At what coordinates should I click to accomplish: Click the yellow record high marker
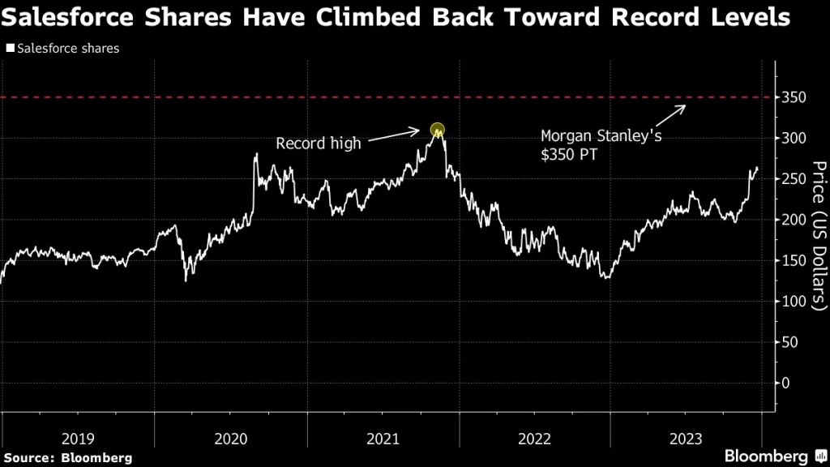point(438,130)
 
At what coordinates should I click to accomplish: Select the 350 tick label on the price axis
point(794,98)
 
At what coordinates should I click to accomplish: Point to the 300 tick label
point(794,139)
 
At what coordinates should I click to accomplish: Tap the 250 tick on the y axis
point(794,179)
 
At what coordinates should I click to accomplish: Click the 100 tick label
point(794,302)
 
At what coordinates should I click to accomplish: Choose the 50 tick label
point(791,342)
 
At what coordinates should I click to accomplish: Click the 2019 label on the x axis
point(78,439)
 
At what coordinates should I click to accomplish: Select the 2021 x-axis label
point(383,439)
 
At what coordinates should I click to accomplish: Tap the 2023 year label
point(686,439)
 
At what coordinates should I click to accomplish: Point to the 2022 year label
point(534,439)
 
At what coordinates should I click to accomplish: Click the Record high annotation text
point(319,144)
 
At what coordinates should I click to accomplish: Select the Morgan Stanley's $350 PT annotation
point(601,145)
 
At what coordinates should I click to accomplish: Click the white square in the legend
point(9,49)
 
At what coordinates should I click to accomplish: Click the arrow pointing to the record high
point(398,139)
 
